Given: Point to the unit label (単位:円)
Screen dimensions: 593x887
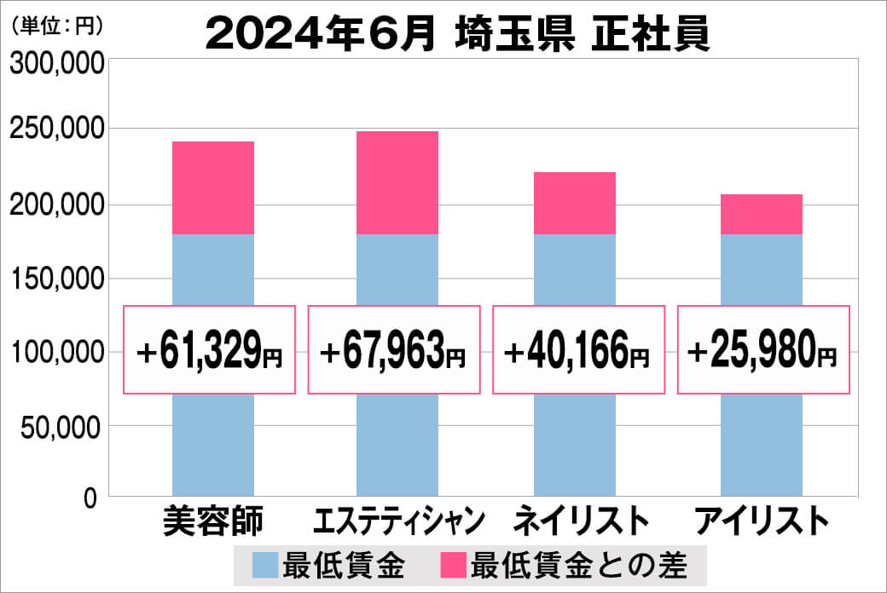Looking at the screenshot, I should (x=58, y=26).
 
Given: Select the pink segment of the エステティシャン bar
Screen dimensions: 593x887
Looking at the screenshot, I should (x=397, y=182).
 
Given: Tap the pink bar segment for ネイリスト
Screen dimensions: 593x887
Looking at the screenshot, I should (x=575, y=203).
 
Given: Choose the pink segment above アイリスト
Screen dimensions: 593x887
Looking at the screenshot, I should (x=762, y=214).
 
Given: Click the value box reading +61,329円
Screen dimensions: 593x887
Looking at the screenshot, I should (x=210, y=349).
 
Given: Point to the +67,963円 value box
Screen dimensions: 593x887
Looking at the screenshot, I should (x=395, y=349).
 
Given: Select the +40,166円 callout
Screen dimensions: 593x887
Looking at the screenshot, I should (x=579, y=349).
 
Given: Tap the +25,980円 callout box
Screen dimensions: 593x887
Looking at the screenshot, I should (x=763, y=349).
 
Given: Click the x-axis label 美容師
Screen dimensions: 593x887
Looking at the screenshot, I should (x=213, y=520).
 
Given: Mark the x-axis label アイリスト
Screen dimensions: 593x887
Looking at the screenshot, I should (x=762, y=520).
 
